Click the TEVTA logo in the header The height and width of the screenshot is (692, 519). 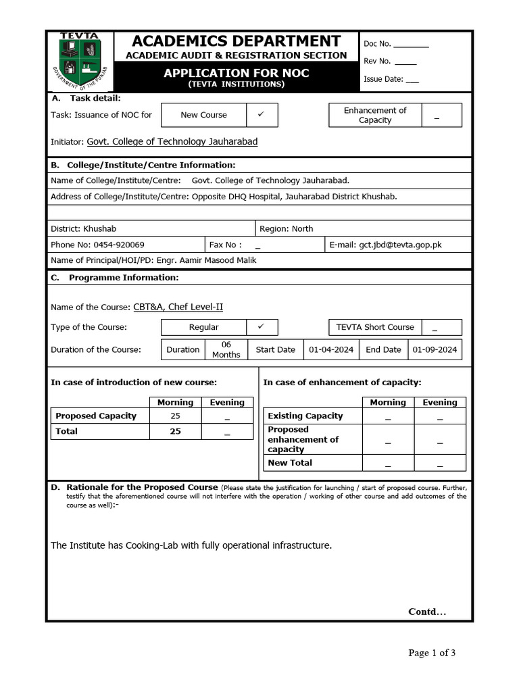[x=80, y=60]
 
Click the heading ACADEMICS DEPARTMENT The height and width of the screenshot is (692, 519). [x=236, y=41]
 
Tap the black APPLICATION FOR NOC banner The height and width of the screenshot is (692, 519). [x=236, y=77]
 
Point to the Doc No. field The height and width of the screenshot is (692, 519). [x=396, y=44]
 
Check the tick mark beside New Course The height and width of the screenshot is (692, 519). [x=261, y=114]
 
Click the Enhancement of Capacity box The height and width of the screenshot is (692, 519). [x=375, y=115]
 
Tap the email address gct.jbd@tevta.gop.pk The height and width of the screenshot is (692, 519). [x=400, y=245]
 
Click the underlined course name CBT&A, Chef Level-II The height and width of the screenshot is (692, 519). [x=178, y=307]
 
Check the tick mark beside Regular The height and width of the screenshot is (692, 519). [x=261, y=326]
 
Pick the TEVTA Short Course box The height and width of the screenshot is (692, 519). [x=375, y=327]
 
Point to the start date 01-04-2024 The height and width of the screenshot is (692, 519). [x=331, y=349]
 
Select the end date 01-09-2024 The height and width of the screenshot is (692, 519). [x=435, y=349]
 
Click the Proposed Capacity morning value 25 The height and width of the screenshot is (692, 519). [x=175, y=416]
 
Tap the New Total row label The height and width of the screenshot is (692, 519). [x=290, y=463]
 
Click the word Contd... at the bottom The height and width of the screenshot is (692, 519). [x=427, y=612]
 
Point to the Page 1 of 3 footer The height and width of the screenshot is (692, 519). [x=432, y=653]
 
